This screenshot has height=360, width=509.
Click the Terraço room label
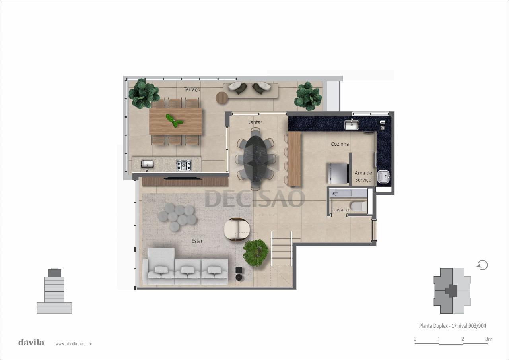click(x=192, y=89)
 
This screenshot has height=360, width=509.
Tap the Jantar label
click(x=255, y=122)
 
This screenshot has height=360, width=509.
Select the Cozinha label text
click(x=340, y=144)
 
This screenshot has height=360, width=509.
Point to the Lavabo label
click(x=341, y=210)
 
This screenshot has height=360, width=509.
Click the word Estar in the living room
click(x=197, y=241)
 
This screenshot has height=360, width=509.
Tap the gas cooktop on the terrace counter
click(x=184, y=165)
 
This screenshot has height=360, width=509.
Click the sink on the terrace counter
click(x=147, y=165)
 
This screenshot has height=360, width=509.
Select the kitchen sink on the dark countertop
click(x=352, y=124)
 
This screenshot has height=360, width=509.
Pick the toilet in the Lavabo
click(x=358, y=207)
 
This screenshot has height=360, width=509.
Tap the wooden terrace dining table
click(x=175, y=121)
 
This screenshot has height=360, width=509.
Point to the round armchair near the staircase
click(x=237, y=229)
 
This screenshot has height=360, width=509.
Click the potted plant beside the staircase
click(x=256, y=253)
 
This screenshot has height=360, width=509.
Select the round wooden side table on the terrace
click(x=221, y=98)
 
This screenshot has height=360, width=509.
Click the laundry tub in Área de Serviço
click(x=384, y=177)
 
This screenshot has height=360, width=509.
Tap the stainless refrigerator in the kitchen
click(x=338, y=173)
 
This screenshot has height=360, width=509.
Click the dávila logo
click(x=31, y=342)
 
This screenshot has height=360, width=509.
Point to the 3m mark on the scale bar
click(x=489, y=339)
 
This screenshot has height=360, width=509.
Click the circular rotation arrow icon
click(x=482, y=265)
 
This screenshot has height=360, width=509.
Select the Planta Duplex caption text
click(x=453, y=326)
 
